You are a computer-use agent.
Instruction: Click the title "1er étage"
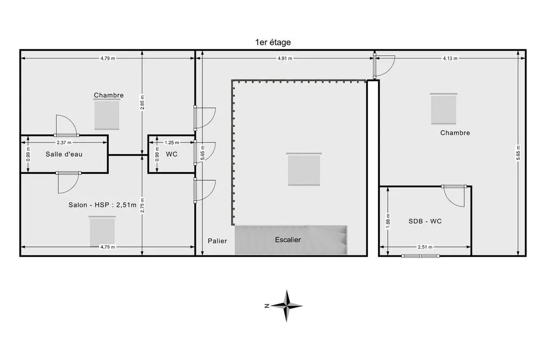pos(273,43)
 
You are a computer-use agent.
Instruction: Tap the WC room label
pos(172,154)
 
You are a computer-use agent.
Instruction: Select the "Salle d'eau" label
pos(64,154)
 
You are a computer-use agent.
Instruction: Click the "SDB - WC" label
pos(425,221)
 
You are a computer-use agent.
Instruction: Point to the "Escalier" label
pos(288,239)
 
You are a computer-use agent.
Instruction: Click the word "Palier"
pos(218,241)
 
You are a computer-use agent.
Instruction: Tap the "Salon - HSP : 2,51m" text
pos(102,205)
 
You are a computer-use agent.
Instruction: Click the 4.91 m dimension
pos(285,59)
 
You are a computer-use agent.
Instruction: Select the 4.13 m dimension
pos(450,59)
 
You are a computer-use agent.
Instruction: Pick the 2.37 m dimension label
pos(64,142)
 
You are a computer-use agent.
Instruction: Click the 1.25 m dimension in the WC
pos(172,142)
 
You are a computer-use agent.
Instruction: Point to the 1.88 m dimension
pos(388,221)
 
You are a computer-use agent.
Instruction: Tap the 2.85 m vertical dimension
pos(142,102)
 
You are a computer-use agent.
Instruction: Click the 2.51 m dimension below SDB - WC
pos(425,247)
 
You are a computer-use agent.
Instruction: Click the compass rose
pos(286,306)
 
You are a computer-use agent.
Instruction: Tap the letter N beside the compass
pos(267,306)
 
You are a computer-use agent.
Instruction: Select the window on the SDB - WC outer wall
pos(420,256)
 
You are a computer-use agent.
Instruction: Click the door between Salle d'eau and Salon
pos(68,182)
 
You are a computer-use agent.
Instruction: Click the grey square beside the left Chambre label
pos(107,115)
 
